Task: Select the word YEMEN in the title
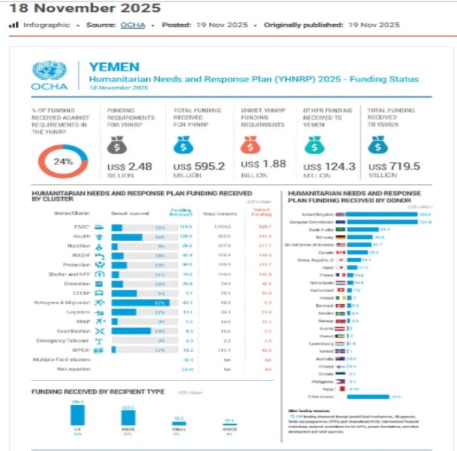click(x=114, y=67)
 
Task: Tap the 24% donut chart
click(x=63, y=162)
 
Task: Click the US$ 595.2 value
click(x=198, y=166)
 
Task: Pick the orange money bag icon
click(x=251, y=144)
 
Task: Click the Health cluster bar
click(x=127, y=237)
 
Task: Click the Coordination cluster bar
click(x=131, y=331)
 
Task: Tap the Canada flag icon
click(x=339, y=251)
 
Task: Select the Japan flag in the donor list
click(x=339, y=268)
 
